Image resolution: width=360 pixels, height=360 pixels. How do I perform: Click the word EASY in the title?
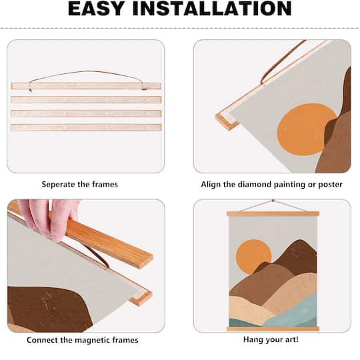[x=97, y=9]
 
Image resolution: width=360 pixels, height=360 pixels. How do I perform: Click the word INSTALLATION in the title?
[x=212, y=9]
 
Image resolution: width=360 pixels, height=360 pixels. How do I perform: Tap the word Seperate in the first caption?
[x=59, y=185]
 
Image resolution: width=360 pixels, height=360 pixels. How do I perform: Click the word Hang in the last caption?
[x=253, y=339]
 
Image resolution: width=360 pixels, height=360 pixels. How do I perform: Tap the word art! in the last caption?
[x=290, y=339]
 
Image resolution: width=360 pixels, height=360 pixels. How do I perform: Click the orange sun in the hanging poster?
[x=253, y=256]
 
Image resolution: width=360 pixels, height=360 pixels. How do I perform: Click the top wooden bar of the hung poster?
[x=273, y=214]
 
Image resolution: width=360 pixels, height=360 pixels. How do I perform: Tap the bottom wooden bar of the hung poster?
[x=273, y=329]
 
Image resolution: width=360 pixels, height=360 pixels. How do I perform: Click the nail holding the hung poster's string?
[x=273, y=201]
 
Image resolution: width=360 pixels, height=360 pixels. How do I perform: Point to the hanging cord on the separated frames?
[x=87, y=73]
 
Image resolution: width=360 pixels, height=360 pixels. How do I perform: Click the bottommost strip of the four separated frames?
[x=86, y=127]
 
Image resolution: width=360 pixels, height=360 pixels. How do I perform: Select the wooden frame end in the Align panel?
[x=227, y=122]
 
